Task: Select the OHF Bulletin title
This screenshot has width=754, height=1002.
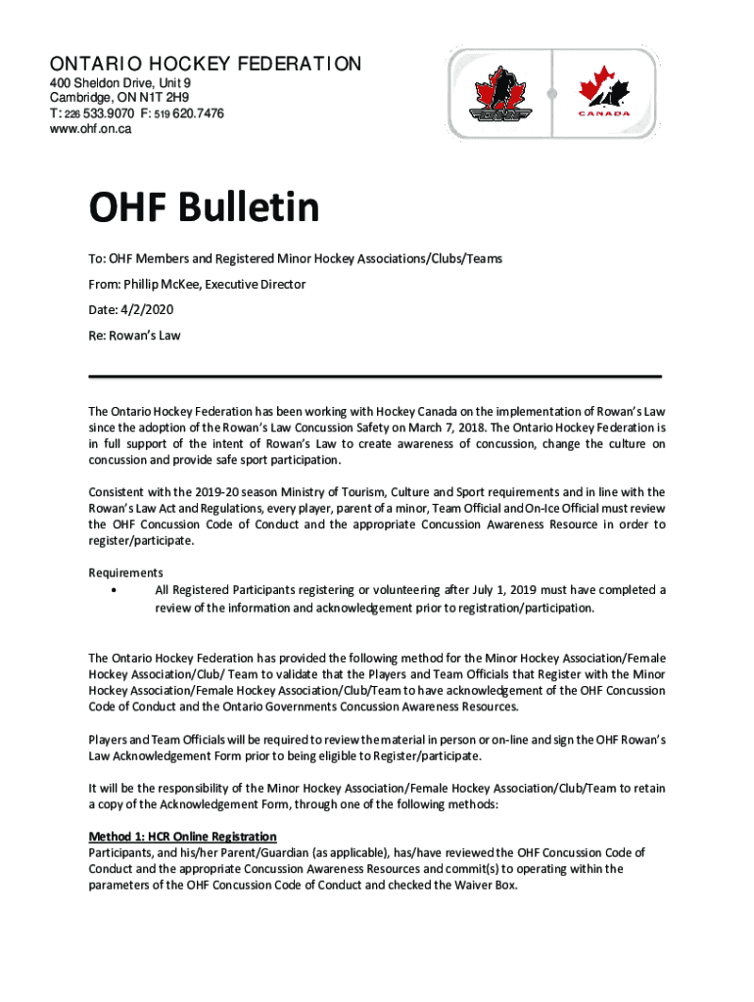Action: tap(204, 207)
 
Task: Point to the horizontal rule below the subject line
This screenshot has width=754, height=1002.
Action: tap(375, 376)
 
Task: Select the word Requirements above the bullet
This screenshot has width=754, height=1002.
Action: tap(125, 572)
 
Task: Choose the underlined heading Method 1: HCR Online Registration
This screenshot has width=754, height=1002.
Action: tap(182, 837)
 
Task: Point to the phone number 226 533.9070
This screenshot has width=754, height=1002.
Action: tap(103, 114)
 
